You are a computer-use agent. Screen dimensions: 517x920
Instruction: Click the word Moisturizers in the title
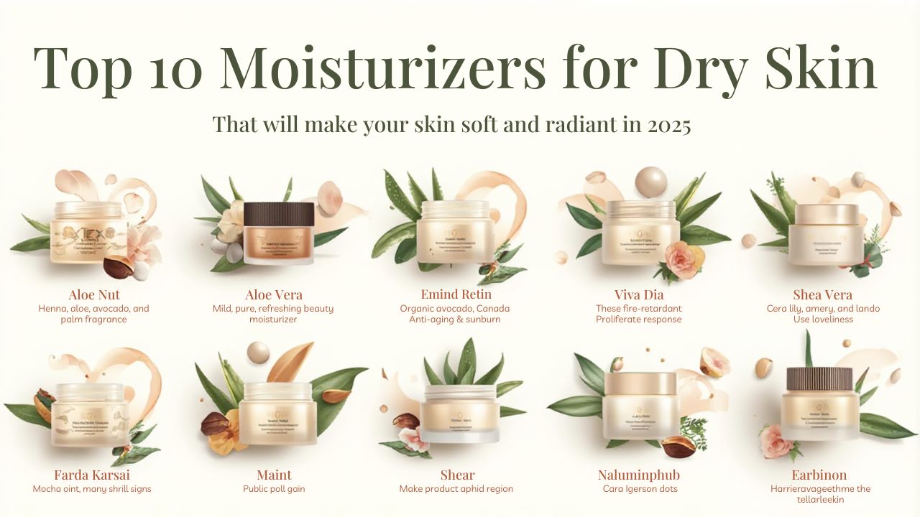tap(382, 68)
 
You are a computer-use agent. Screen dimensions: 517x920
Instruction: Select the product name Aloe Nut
tap(94, 295)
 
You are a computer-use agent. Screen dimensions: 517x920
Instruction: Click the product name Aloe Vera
tap(273, 295)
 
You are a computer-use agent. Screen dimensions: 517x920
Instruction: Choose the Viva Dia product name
tap(638, 295)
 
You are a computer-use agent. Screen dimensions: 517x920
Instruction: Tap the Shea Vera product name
tap(822, 295)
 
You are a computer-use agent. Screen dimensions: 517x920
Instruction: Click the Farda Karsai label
tap(92, 475)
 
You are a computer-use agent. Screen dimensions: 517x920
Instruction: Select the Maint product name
tap(274, 475)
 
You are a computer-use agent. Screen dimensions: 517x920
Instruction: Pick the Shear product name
tap(457, 475)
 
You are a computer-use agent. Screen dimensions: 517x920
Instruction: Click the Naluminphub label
tap(638, 475)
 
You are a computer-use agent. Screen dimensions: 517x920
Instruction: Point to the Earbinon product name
tap(819, 475)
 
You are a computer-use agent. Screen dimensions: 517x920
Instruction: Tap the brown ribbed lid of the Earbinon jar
tap(819, 378)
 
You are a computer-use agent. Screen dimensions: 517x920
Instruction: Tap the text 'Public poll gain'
tap(274, 489)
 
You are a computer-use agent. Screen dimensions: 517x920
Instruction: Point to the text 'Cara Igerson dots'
tap(638, 489)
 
